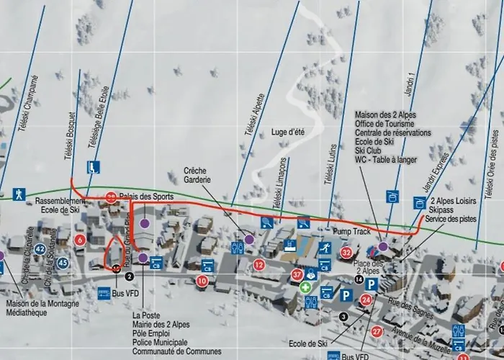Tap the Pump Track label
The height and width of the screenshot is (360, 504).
(x=351, y=232)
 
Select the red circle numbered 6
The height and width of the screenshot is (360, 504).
(x=80, y=240)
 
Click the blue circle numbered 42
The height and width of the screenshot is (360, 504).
(x=40, y=248)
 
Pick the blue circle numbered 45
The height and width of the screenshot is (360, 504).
(x=63, y=263)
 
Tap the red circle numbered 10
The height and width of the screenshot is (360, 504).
(x=202, y=281)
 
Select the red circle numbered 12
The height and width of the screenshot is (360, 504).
(x=259, y=265)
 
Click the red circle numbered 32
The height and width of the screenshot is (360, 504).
(x=347, y=252)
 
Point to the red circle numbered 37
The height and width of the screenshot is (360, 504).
(x=297, y=274)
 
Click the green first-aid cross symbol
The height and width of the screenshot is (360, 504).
(x=306, y=287)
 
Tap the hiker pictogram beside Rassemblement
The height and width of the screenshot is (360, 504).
(x=19, y=194)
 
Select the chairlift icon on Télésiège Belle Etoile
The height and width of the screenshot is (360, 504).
(x=94, y=168)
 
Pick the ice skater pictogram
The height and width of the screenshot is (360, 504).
(x=325, y=248)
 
